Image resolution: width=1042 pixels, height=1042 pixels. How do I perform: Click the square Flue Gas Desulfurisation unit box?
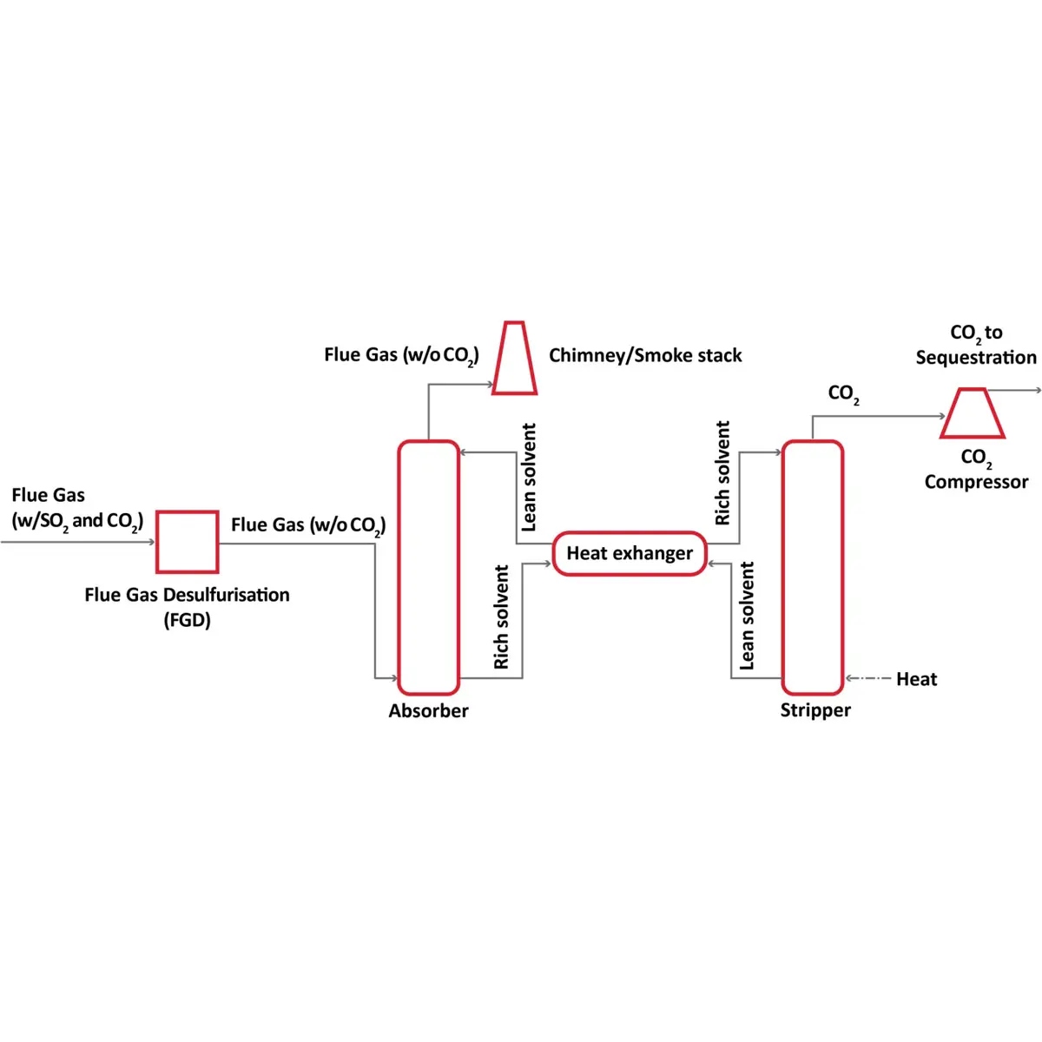tap(187, 542)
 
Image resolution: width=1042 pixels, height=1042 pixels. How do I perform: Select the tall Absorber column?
tap(428, 568)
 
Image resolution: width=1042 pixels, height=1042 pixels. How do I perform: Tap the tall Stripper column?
tap(813, 568)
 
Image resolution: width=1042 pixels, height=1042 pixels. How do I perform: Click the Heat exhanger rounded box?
tap(630, 554)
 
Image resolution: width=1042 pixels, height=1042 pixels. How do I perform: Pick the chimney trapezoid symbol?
tap(514, 359)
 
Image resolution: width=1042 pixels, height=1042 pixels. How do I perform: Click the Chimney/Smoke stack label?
tap(645, 355)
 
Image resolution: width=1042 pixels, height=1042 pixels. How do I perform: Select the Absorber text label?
tap(428, 711)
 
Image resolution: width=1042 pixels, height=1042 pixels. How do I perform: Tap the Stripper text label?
tap(815, 710)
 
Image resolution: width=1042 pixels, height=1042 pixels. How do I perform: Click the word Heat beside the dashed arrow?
tap(916, 679)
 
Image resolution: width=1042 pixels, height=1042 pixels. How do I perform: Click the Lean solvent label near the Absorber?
tap(529, 478)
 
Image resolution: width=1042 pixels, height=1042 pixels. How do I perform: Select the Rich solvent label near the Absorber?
tap(501, 617)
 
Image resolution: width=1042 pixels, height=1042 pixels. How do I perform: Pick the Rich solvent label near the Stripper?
tap(722, 473)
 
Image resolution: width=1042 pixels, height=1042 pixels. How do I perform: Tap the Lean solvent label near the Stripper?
tap(747, 616)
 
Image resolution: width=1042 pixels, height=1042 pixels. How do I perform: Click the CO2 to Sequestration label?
tap(976, 345)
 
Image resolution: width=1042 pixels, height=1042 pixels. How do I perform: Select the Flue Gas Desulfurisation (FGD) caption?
tap(187, 607)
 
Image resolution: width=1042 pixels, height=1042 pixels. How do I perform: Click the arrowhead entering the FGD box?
tap(151, 542)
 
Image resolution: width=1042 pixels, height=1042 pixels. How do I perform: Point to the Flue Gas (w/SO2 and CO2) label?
tap(76, 508)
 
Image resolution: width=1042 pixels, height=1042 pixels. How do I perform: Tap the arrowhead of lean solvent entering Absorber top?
tap(464, 452)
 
